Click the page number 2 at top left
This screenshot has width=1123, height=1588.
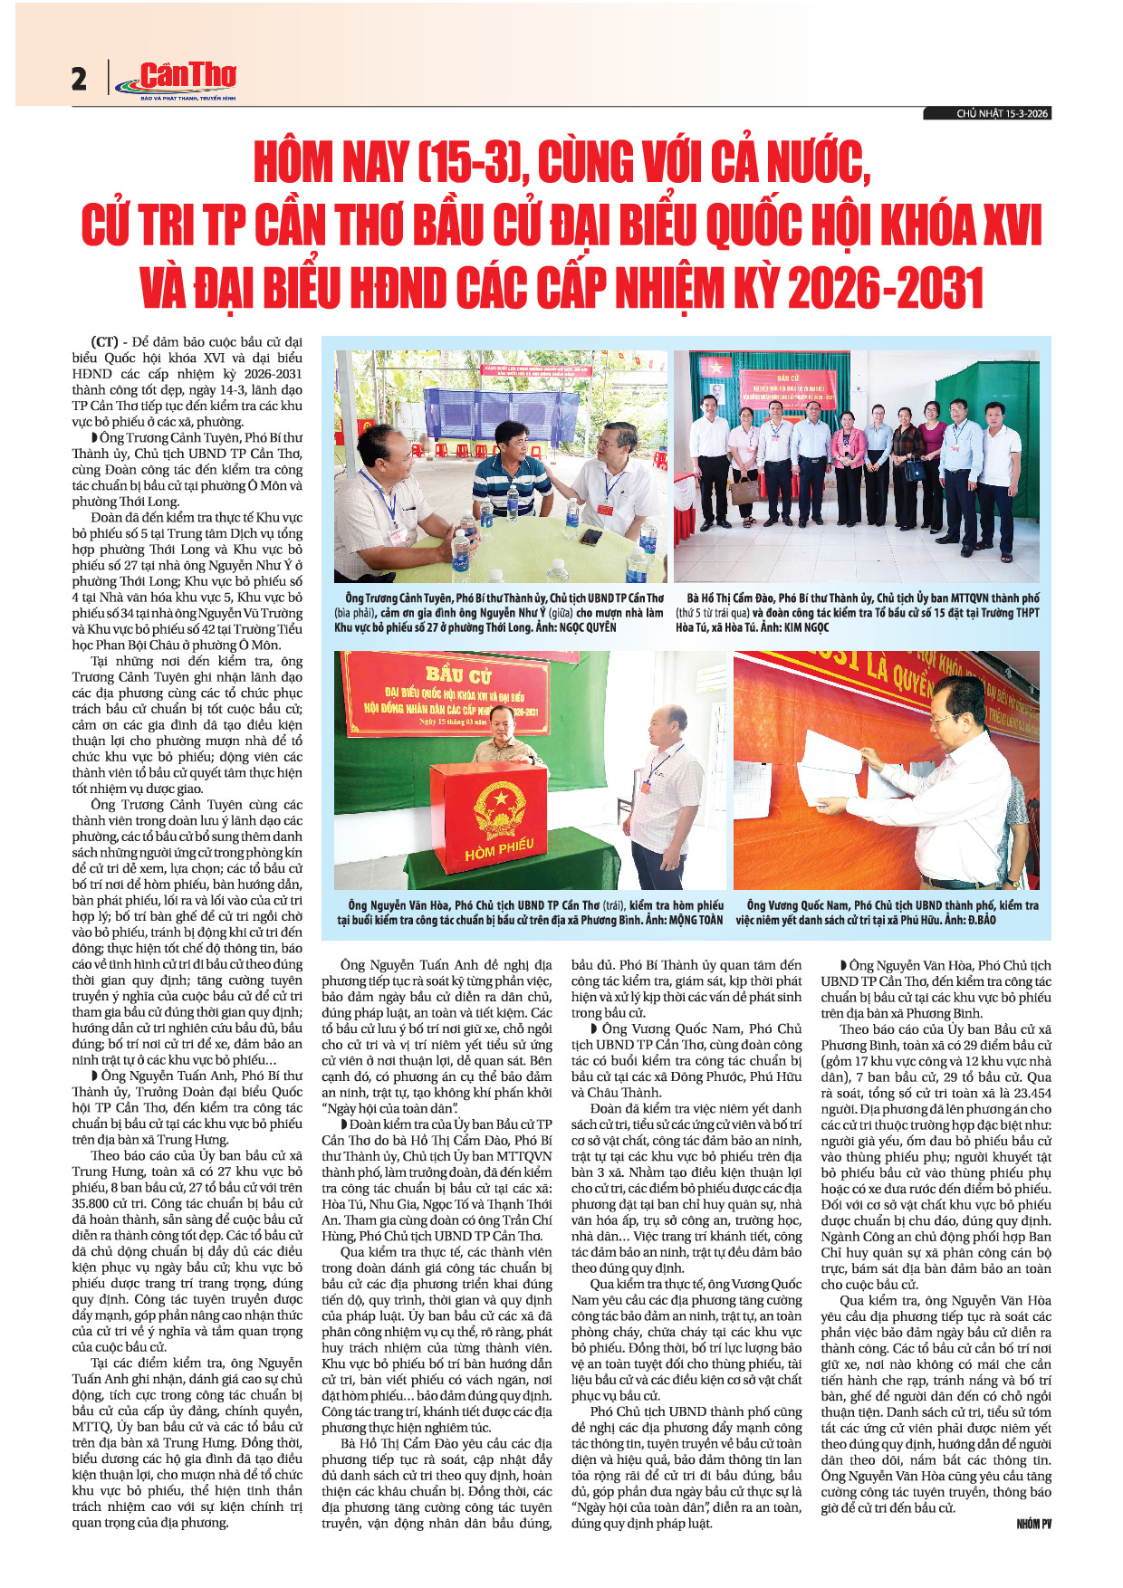click(x=79, y=80)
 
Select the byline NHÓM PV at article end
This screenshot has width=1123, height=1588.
click(x=1034, y=1525)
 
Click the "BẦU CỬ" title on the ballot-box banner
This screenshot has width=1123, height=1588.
click(x=458, y=675)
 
